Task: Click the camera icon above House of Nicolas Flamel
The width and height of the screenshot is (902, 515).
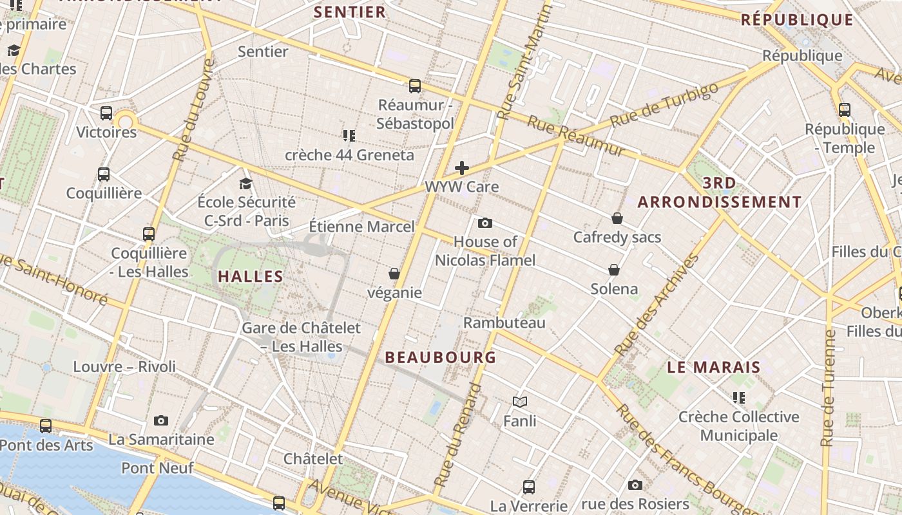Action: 485,223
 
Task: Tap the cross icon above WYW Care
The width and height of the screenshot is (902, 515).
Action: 462,169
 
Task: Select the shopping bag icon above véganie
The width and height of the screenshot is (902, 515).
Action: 394,274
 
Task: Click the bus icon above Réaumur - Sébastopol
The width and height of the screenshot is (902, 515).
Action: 415,86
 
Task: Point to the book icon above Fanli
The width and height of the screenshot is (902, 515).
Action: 520,402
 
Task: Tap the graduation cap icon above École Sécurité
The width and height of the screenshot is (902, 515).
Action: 245,184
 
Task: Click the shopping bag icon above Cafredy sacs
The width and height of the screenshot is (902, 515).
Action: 617,219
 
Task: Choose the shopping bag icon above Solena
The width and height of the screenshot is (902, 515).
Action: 614,270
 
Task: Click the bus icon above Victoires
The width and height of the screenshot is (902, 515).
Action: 106,113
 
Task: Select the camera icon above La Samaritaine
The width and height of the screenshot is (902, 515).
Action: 161,421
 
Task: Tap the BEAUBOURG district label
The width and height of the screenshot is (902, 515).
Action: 441,357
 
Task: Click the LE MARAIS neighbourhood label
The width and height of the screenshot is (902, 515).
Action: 713,368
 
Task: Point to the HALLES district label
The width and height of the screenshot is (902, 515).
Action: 251,277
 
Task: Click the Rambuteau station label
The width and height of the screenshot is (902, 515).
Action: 504,323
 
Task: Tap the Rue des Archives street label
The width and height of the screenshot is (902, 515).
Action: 657,304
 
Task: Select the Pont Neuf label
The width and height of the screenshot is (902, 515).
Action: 157,468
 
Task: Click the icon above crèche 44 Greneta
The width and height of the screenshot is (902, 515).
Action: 349,136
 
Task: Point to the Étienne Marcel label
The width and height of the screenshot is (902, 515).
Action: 362,227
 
